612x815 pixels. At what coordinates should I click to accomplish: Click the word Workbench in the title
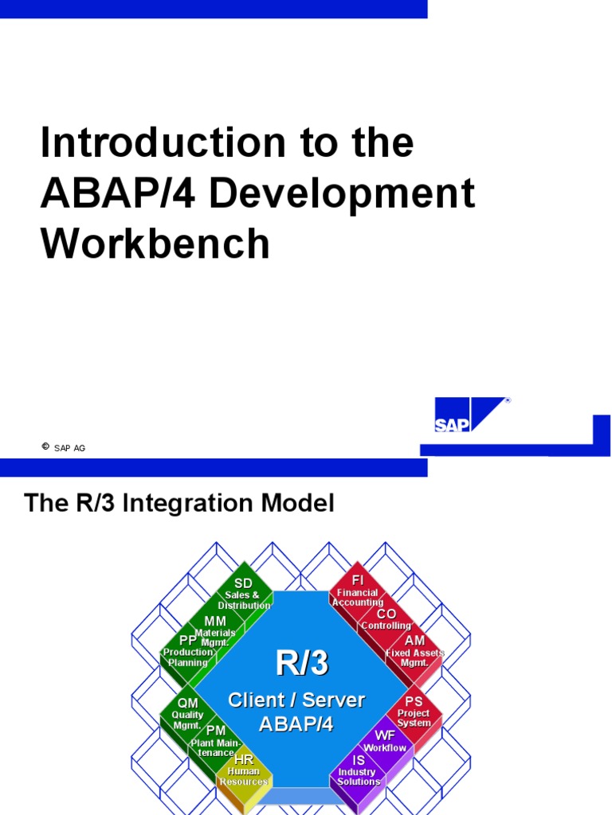click(155, 244)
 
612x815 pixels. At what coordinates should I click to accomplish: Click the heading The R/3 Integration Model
click(179, 503)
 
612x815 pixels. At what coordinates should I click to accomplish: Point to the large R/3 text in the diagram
click(300, 662)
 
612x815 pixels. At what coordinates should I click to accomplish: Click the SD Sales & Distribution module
click(243, 594)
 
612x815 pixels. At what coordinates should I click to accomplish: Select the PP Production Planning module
click(188, 651)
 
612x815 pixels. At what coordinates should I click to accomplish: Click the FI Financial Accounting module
click(358, 592)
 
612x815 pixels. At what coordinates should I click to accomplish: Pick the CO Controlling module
click(386, 620)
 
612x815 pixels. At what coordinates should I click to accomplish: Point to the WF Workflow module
click(385, 741)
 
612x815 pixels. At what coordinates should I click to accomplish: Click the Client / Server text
click(296, 700)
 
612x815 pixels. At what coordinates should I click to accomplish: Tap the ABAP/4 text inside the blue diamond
click(296, 724)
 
